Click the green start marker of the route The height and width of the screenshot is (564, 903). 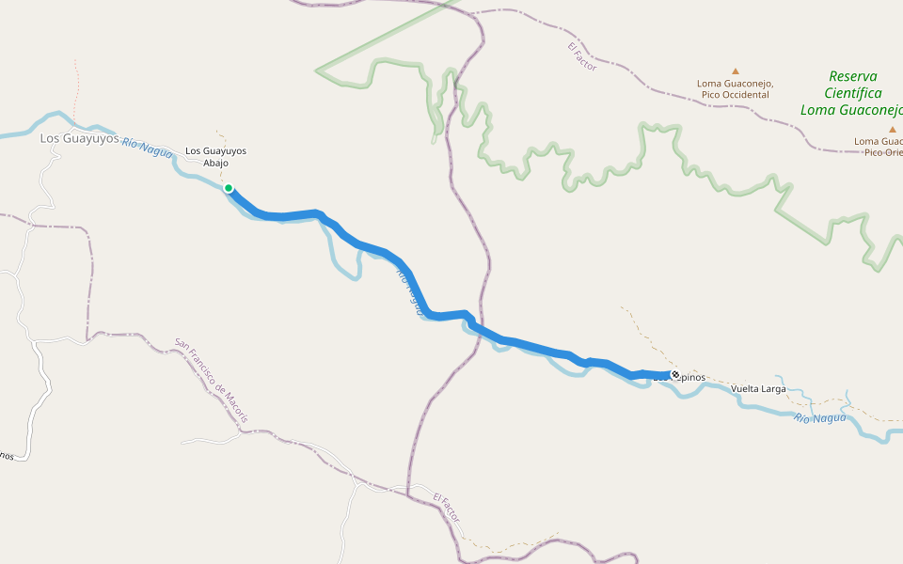tap(229, 188)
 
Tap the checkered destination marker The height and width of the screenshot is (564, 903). tap(674, 375)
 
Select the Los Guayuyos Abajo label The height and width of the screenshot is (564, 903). tap(215, 156)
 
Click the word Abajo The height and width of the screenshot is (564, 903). tap(216, 162)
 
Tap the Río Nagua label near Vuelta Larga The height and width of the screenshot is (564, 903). tap(819, 417)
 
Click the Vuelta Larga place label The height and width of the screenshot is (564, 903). tap(758, 388)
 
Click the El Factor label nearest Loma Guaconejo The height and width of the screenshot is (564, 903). tap(582, 56)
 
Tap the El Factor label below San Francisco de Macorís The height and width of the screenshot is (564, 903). tap(448, 508)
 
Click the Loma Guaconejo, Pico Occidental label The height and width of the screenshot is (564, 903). tap(735, 88)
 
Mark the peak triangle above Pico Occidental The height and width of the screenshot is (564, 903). tap(736, 70)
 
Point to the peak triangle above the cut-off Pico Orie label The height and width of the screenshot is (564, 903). tap(892, 129)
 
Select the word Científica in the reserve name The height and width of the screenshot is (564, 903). tap(852, 93)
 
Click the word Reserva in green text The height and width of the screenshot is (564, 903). tap(853, 76)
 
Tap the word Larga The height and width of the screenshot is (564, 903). tap(771, 388)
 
